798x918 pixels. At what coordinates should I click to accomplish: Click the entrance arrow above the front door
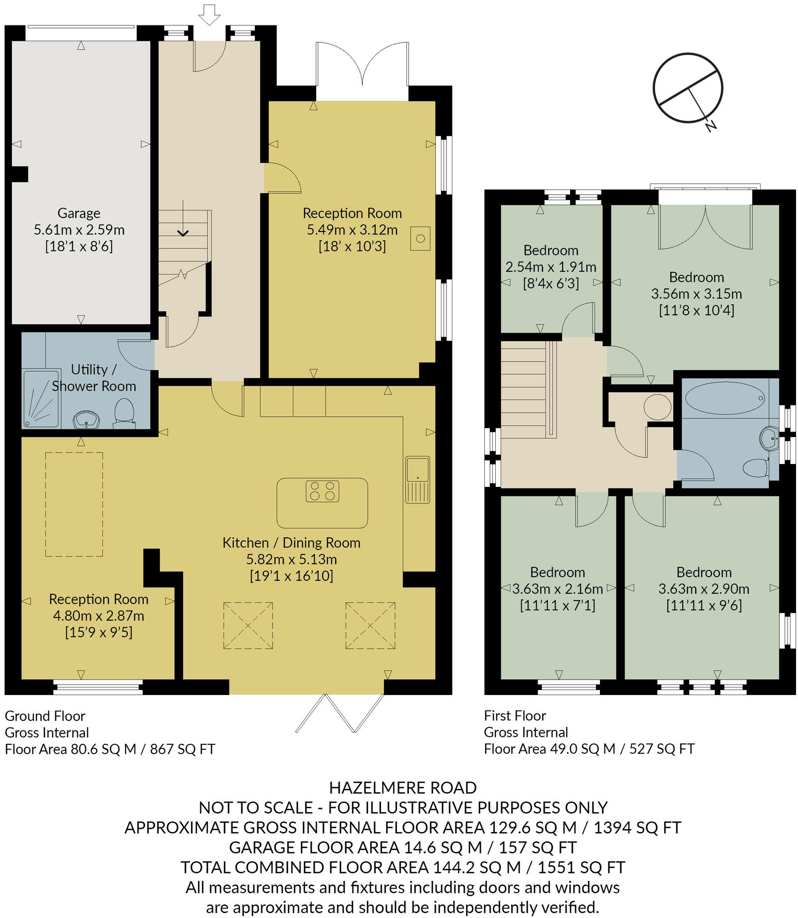coord(209,14)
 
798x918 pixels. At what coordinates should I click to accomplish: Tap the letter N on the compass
coord(711,126)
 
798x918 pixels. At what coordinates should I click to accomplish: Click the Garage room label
coord(79,213)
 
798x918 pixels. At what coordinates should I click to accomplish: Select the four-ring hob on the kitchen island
coord(322,491)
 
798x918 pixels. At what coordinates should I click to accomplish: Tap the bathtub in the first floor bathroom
coord(725,398)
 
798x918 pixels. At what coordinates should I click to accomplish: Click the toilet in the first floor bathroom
coord(756,468)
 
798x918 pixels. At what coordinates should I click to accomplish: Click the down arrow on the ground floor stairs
coord(183,232)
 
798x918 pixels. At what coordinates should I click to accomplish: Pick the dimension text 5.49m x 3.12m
coord(352,230)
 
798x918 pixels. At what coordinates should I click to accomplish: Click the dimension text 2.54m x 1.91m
coord(551,267)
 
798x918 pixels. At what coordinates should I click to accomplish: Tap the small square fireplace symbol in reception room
coord(420,238)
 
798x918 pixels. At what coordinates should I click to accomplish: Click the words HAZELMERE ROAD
coord(402,788)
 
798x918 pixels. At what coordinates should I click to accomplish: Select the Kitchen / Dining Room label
coord(291,543)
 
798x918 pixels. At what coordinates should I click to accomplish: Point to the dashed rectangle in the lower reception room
coord(74,504)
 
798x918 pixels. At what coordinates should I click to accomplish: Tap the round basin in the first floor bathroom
coord(769,439)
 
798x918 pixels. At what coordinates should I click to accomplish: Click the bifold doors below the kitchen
coord(340,713)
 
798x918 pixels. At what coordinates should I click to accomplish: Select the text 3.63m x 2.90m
coord(703,589)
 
